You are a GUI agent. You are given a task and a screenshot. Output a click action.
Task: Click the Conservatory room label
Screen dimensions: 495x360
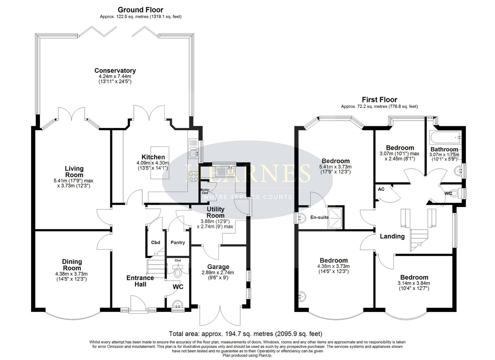(x=115, y=70)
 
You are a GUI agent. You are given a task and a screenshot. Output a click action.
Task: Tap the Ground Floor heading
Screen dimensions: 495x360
(x=140, y=10)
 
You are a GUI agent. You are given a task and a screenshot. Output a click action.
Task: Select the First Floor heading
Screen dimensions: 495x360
(x=379, y=100)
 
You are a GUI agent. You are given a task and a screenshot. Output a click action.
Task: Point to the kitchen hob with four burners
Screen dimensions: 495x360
(x=193, y=177)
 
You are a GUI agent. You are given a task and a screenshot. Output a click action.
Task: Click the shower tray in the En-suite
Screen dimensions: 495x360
(x=335, y=218)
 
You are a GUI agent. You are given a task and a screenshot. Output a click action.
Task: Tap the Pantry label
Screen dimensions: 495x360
(x=178, y=243)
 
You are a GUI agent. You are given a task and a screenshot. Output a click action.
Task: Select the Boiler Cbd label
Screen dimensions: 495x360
(x=205, y=191)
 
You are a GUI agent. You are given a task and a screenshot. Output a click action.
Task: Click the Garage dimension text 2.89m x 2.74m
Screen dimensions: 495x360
(x=218, y=273)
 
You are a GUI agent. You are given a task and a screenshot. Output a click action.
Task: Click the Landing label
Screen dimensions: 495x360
(x=392, y=236)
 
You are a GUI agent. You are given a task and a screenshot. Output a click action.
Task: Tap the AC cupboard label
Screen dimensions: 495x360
(x=381, y=189)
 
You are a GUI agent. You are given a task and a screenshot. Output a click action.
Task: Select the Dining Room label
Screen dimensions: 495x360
(x=72, y=265)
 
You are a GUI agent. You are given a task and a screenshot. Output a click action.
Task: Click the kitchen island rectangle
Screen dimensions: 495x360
(x=160, y=163)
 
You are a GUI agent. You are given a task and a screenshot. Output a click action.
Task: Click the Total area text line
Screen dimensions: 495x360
(x=245, y=334)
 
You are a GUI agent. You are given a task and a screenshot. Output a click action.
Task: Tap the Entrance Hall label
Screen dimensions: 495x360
(x=140, y=281)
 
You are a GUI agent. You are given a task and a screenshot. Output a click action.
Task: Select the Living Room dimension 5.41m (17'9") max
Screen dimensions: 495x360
(x=73, y=181)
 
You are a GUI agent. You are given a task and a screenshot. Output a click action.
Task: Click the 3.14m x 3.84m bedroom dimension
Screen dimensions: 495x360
(x=414, y=283)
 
